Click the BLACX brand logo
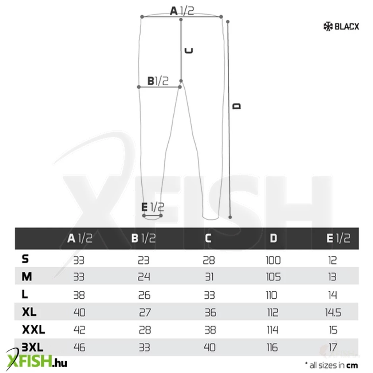click(341, 26)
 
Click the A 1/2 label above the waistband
click(182, 11)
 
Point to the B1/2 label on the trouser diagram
click(158, 81)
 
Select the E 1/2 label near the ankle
click(153, 207)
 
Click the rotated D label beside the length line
click(236, 106)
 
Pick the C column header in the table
click(208, 238)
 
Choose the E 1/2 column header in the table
click(338, 238)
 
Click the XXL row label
click(33, 329)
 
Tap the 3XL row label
click(32, 347)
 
